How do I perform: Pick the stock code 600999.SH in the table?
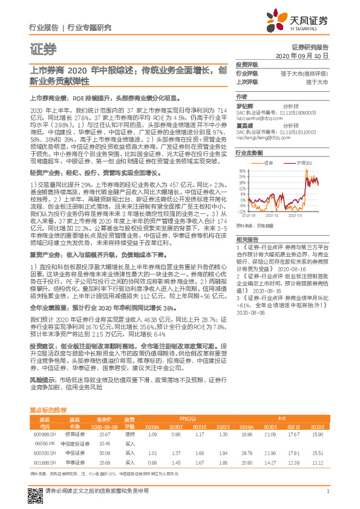[44, 434]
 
